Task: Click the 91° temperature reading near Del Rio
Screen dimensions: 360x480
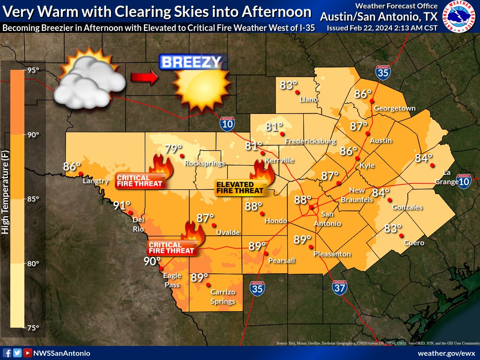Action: [x=121, y=205]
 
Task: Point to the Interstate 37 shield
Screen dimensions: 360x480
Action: [x=340, y=287]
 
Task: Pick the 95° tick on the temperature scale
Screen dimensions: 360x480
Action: [x=33, y=71]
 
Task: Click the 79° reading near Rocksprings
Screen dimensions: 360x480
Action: [x=172, y=149]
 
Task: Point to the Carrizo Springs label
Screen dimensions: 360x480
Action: [x=223, y=296]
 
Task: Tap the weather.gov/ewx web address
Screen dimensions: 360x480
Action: [x=446, y=353]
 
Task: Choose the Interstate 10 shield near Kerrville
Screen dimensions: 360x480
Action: [x=227, y=123]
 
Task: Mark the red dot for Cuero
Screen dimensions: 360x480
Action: [x=401, y=235]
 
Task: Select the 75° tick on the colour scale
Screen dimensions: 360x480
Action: [x=33, y=328]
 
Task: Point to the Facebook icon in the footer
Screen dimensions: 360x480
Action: [x=7, y=353]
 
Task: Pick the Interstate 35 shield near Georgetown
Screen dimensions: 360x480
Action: [x=382, y=73]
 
